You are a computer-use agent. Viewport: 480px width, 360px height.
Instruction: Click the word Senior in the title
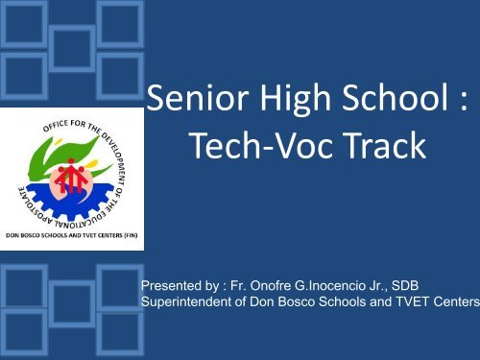pyautogui.click(x=198, y=98)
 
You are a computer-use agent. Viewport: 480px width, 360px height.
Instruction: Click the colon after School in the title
pyautogui.click(x=464, y=102)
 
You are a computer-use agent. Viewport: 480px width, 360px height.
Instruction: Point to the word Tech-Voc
pyautogui.click(x=261, y=145)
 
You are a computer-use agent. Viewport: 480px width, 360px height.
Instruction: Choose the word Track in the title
pyautogui.click(x=385, y=145)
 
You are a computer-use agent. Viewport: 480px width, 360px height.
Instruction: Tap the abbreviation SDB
pyautogui.click(x=405, y=285)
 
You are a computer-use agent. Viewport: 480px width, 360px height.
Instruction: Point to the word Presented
pyautogui.click(x=167, y=285)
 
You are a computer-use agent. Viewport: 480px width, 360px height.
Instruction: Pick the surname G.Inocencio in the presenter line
pyautogui.click(x=330, y=285)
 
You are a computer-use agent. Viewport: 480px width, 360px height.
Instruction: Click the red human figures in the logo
pyautogui.click(x=70, y=176)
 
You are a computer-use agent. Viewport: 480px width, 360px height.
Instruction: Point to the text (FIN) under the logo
pyautogui.click(x=131, y=235)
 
